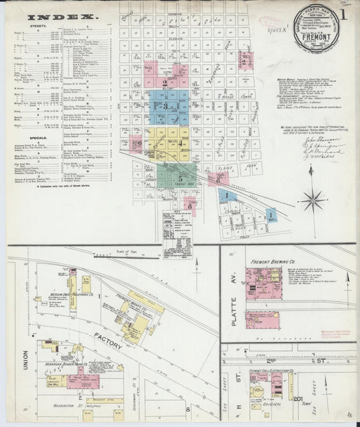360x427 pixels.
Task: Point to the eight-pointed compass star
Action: point(312,199)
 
